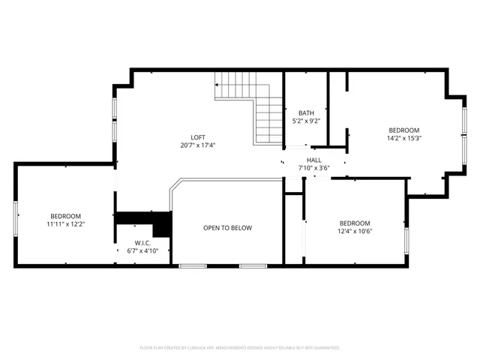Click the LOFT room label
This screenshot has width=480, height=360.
198,136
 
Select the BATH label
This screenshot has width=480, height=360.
306,112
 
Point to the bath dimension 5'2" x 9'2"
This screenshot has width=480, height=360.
306,121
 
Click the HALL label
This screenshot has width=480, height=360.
314,160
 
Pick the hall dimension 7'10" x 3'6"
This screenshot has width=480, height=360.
314,168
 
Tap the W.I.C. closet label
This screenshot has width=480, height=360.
142,243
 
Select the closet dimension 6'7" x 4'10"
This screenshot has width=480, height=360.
142,251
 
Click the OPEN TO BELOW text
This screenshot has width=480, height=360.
227,228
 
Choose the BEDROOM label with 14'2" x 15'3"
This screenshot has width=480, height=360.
403,130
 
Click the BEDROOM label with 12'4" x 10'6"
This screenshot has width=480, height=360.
355,223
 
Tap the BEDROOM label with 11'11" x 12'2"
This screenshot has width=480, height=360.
66,216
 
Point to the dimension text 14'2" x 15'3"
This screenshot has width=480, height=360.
403,138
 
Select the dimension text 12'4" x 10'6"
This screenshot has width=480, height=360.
355,231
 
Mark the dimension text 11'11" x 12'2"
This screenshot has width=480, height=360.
66,224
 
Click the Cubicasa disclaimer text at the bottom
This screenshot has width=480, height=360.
240,348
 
